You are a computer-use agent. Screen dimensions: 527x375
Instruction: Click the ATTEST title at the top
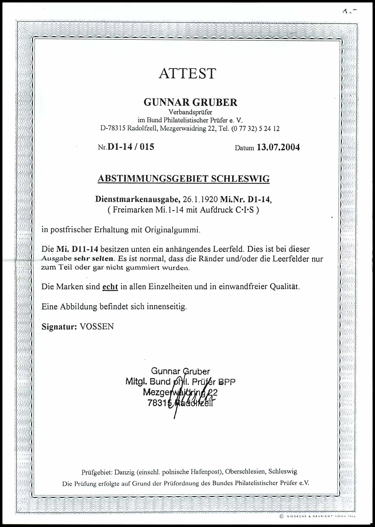[x=187, y=74]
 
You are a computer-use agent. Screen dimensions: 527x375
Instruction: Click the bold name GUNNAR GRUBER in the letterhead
[x=190, y=102]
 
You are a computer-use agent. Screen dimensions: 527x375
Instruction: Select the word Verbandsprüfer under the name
[x=190, y=112]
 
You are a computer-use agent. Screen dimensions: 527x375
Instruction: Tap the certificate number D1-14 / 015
[x=131, y=147]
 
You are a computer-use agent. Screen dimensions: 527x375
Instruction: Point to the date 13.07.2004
[x=278, y=147]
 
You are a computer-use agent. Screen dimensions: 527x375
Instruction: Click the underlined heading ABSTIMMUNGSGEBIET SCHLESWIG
[x=183, y=179]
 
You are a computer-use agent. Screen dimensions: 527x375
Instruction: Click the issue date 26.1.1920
[x=200, y=199]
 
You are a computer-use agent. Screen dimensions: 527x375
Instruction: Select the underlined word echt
[x=110, y=286]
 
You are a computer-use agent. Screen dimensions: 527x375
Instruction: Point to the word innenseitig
[x=167, y=307]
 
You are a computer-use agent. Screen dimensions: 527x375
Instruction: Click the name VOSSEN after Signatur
[x=97, y=327]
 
